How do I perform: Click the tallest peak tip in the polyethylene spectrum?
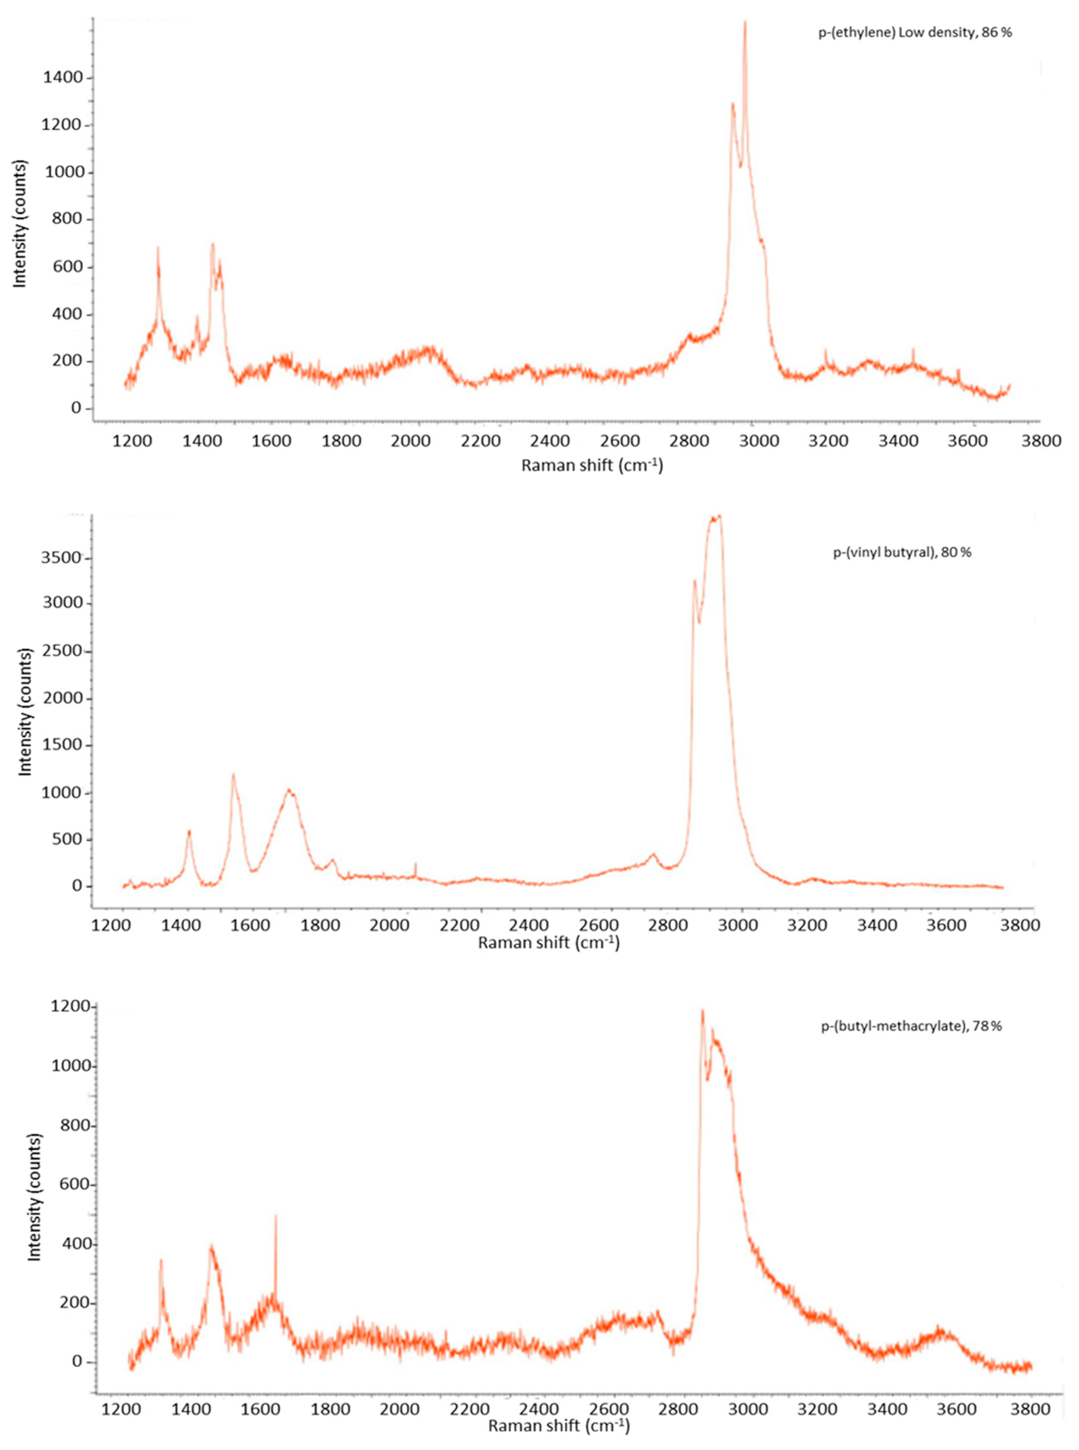745,23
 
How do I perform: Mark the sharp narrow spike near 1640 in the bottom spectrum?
276,1216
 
